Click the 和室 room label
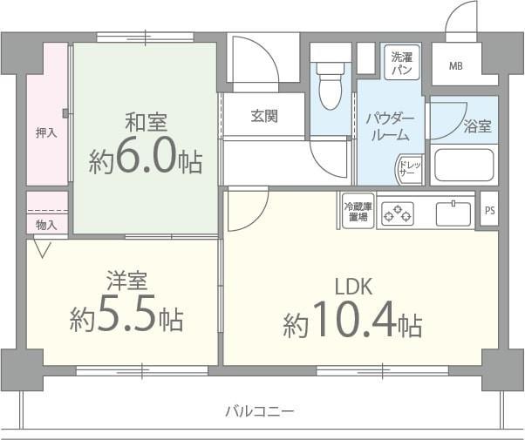(146, 121)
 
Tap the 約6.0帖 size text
(145, 160)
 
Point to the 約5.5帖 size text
(126, 319)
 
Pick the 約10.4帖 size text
(352, 325)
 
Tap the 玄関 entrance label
(264, 116)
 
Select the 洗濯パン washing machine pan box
(403, 62)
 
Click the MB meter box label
(456, 65)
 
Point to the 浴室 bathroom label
(477, 126)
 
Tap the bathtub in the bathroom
(465, 165)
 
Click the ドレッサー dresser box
(408, 170)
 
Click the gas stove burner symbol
(399, 212)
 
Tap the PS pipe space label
(489, 210)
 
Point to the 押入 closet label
(46, 133)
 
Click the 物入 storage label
(46, 225)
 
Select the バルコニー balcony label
(259, 410)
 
